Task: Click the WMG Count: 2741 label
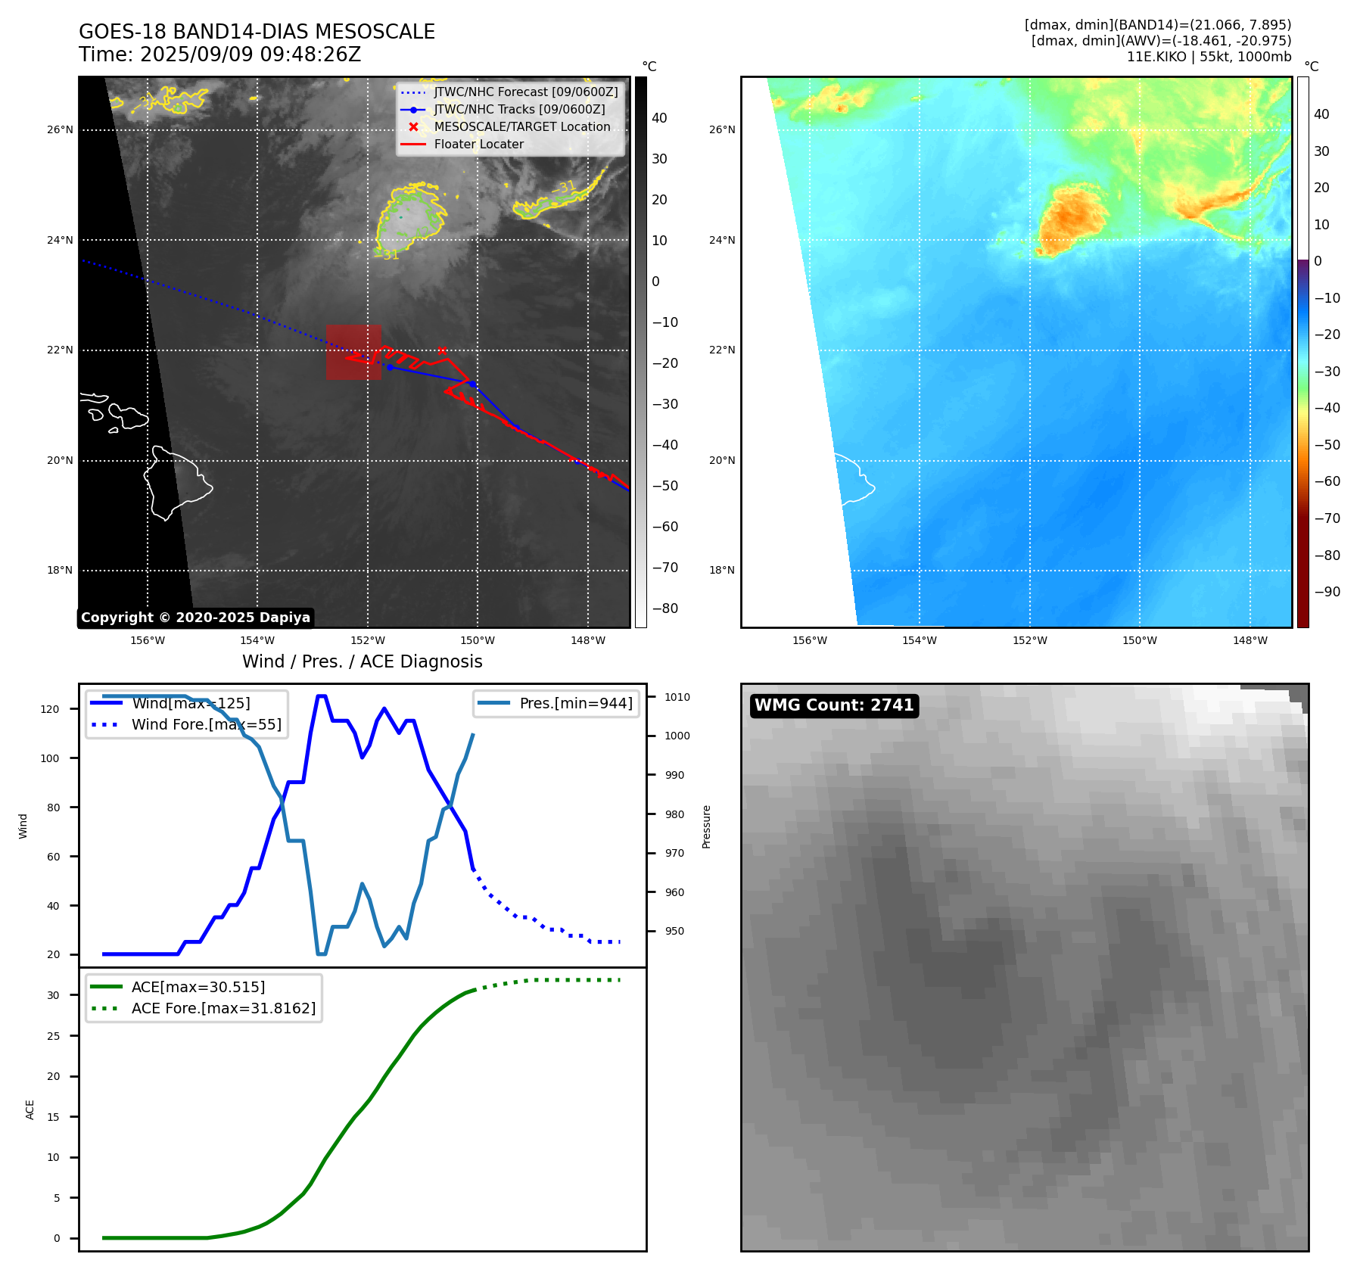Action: (834, 705)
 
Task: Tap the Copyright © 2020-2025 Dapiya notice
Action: (195, 618)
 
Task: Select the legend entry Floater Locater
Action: (478, 145)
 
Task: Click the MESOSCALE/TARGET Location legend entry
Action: (521, 127)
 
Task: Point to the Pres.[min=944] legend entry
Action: (575, 703)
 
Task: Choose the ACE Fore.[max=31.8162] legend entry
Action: (223, 1008)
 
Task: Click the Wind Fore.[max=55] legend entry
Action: (206, 724)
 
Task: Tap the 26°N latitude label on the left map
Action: (61, 130)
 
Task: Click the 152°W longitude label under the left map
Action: (368, 640)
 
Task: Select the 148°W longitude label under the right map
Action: (1250, 640)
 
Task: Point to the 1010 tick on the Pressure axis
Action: (677, 697)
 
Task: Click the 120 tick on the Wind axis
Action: (50, 709)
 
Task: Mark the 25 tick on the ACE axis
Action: (54, 1036)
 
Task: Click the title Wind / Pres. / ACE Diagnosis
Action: (362, 661)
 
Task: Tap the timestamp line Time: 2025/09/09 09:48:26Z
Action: (219, 54)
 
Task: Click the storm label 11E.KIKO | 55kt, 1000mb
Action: (1209, 57)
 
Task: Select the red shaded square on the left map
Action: (353, 352)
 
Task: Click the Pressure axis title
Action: (706, 826)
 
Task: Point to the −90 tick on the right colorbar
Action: (1327, 592)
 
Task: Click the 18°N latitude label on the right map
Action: (722, 571)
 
